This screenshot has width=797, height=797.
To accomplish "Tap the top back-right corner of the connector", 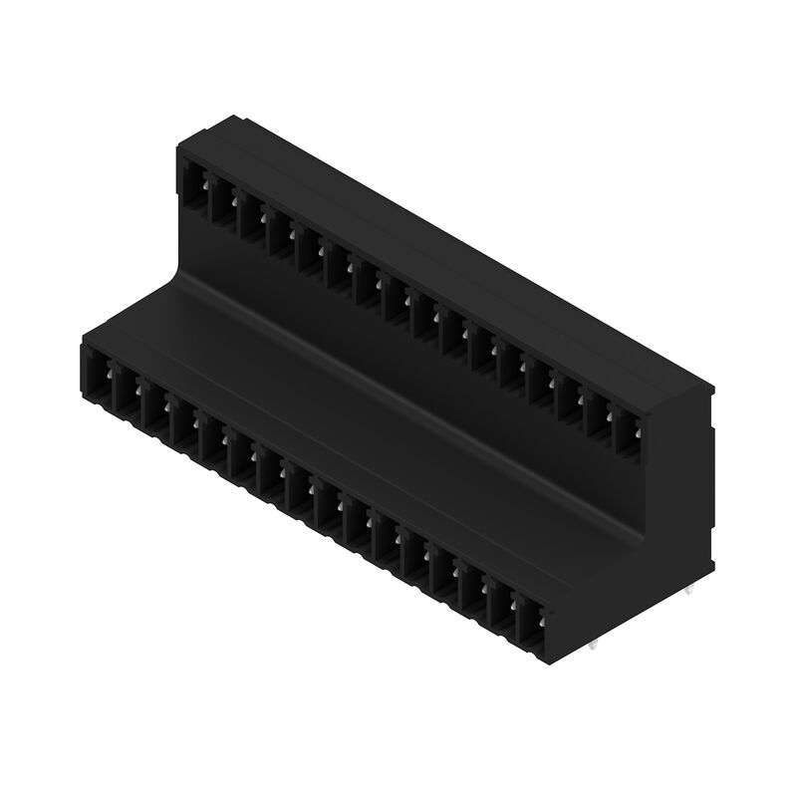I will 714,383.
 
